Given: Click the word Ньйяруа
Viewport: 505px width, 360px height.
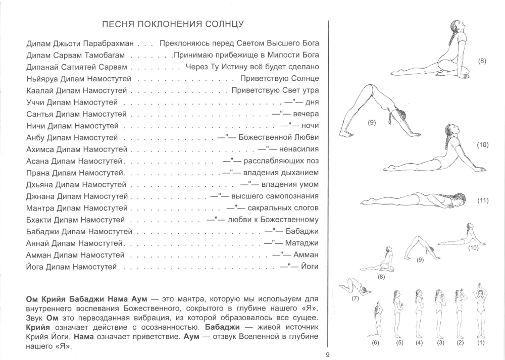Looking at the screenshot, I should (x=42, y=79).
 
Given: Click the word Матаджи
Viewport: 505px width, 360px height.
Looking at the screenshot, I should (x=302, y=243).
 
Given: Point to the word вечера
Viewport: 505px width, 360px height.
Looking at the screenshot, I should (x=306, y=114).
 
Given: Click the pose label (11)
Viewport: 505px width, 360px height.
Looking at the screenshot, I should (x=483, y=200).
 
